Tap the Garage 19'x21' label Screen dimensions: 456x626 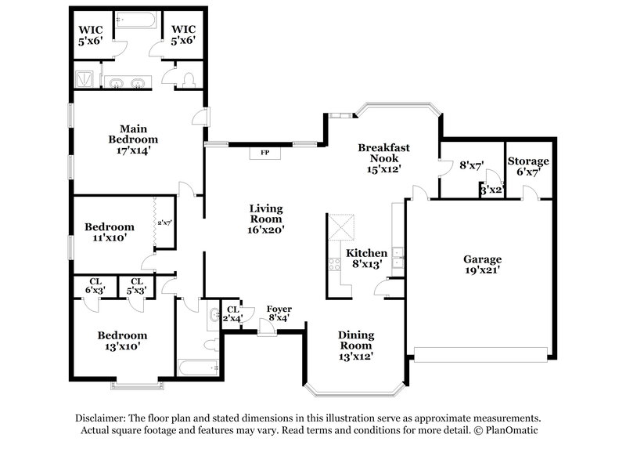click(x=482, y=264)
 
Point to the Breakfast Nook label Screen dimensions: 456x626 click(x=383, y=157)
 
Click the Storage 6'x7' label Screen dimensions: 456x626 click(x=528, y=167)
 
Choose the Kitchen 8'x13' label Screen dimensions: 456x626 click(x=367, y=259)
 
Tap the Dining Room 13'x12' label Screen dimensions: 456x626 click(x=356, y=345)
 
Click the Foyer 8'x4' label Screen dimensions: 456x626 click(x=279, y=314)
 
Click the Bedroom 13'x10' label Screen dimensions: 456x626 click(x=121, y=340)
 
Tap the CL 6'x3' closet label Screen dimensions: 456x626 click(x=95, y=286)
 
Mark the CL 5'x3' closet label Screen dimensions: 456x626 click(x=137, y=286)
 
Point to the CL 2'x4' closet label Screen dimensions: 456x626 click(x=232, y=314)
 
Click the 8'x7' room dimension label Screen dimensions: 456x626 click(x=470, y=166)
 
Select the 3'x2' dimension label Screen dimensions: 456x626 click(x=490, y=190)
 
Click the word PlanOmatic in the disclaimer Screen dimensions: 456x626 click(x=513, y=431)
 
